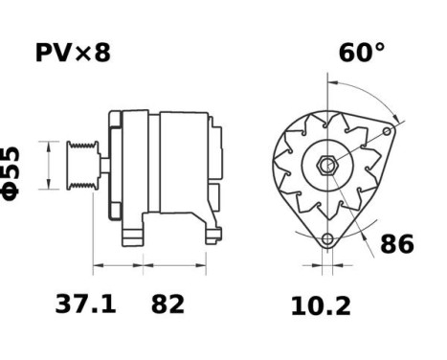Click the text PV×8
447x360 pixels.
(x=73, y=52)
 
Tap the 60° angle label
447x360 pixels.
(x=361, y=52)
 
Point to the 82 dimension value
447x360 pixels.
(x=168, y=304)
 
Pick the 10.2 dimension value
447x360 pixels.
(x=321, y=305)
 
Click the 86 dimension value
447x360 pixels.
(x=397, y=245)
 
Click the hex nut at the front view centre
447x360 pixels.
(x=327, y=165)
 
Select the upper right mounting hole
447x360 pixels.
(x=387, y=131)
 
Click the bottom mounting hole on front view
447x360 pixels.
(x=327, y=238)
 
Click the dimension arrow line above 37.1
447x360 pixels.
(x=117, y=261)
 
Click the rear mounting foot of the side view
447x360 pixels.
(x=210, y=228)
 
